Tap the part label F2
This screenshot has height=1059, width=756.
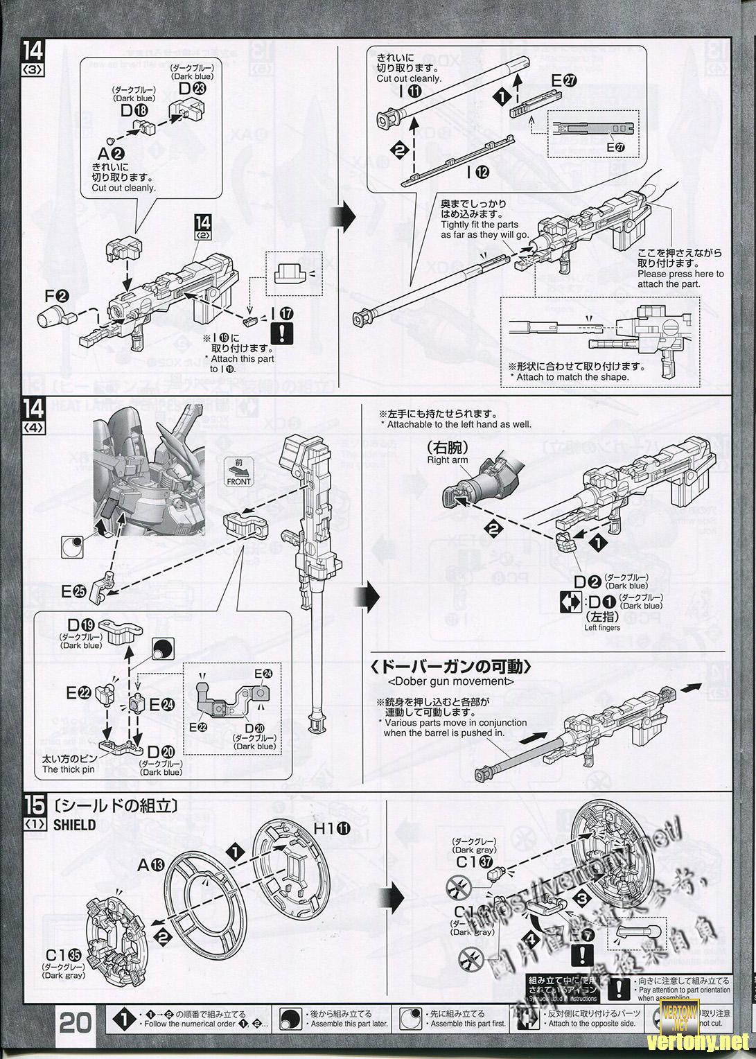click(57, 297)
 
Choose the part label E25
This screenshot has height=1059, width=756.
click(73, 591)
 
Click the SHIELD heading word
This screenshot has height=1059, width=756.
click(74, 825)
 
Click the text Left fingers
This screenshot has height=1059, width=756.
click(602, 627)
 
